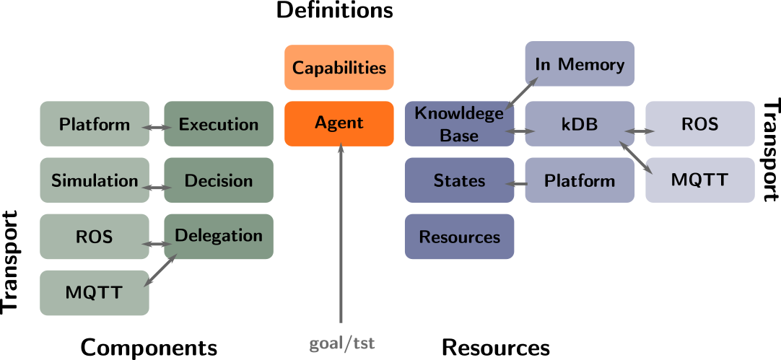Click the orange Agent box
pyautogui.click(x=339, y=123)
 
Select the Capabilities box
pyautogui.click(x=339, y=68)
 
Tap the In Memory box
pyautogui.click(x=580, y=64)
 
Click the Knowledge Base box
pyautogui.click(x=459, y=123)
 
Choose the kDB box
pyautogui.click(x=580, y=123)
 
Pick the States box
pyautogui.click(x=459, y=180)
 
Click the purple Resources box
pyautogui.click(x=459, y=237)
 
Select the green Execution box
pyautogui.click(x=218, y=124)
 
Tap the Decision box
pyautogui.click(x=218, y=180)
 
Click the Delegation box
pyautogui.click(x=218, y=235)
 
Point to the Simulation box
pyautogui.click(x=95, y=180)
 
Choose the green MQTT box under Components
pyautogui.click(x=95, y=293)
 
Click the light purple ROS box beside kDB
pyautogui.click(x=699, y=123)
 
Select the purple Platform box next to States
pyautogui.click(x=580, y=180)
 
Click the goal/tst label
pyautogui.click(x=342, y=344)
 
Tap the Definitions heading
pyautogui.click(x=335, y=11)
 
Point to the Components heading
pyautogui.click(x=149, y=347)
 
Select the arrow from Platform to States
pyautogui.click(x=518, y=184)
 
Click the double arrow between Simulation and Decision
pyautogui.click(x=156, y=188)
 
